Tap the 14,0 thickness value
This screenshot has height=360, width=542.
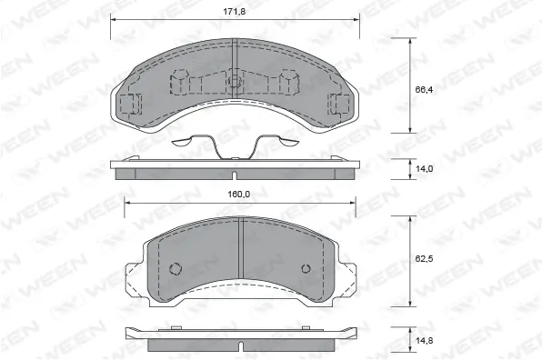[424, 168]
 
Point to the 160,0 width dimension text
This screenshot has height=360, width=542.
[240, 193]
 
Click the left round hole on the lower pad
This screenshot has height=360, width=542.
[176, 269]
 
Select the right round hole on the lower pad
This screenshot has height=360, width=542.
[305, 269]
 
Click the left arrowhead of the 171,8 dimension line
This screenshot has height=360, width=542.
[113, 19]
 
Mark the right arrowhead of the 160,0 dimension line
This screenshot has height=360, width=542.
[356, 202]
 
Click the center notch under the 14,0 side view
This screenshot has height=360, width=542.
[233, 175]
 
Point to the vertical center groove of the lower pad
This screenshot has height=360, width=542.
[240, 255]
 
